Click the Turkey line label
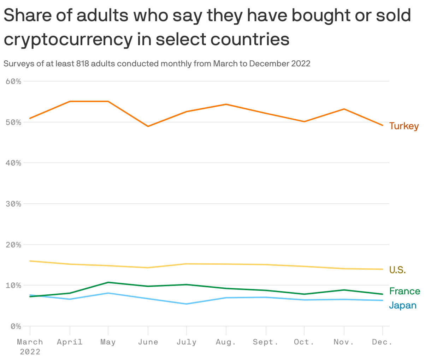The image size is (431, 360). (404, 126)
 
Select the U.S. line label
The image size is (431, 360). (397, 270)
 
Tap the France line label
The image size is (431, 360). (405, 291)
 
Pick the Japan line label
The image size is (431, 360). (403, 305)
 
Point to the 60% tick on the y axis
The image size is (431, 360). (13, 82)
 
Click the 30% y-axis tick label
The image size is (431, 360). (13, 204)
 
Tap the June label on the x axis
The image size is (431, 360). (148, 342)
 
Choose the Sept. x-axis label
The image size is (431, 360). (266, 342)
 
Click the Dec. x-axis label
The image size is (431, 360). (382, 342)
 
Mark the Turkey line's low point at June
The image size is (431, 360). (148, 126)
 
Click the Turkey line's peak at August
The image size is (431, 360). (226, 104)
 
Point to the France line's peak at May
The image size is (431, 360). (108, 282)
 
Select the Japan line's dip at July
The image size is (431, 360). (186, 304)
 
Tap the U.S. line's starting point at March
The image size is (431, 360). (30, 261)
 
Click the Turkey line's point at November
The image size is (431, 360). (344, 109)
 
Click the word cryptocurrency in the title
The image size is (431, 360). (67, 40)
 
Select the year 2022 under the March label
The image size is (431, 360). (30, 352)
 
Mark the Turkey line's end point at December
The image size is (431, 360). (382, 125)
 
